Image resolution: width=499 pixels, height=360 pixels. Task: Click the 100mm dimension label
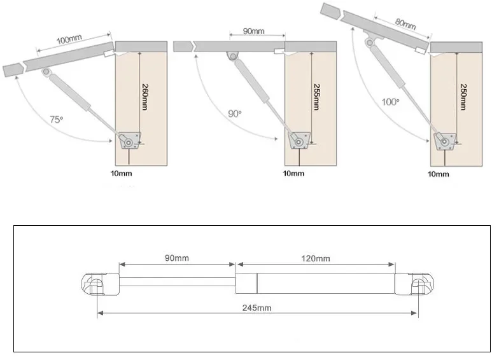pyautogui.click(x=70, y=39)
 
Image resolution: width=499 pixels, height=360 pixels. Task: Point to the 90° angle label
pyautogui.click(x=235, y=113)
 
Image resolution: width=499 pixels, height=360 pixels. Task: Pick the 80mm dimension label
pyautogui.click(x=405, y=24)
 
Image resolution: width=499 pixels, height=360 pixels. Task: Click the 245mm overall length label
pyautogui.click(x=257, y=308)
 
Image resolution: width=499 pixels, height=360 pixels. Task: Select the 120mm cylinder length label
pyautogui.click(x=316, y=258)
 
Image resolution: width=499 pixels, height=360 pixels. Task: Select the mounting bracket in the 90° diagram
pyautogui.click(x=298, y=139)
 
